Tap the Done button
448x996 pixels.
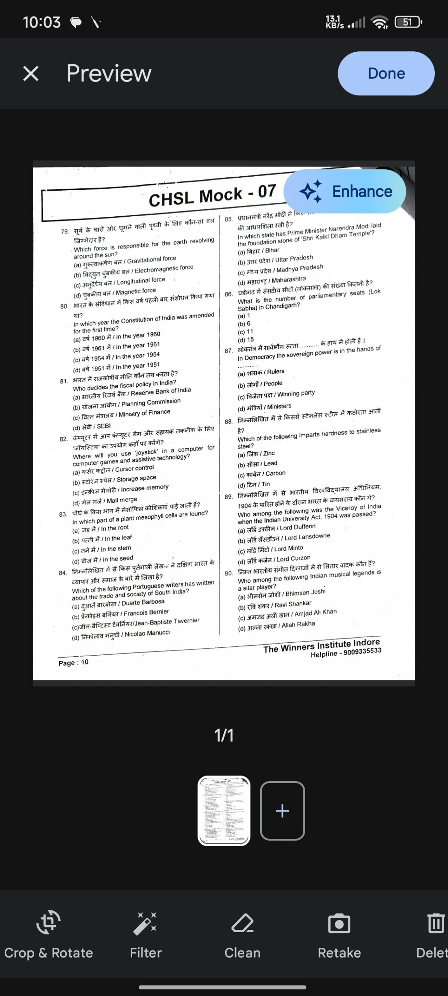(x=386, y=74)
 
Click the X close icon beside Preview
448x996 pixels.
(x=31, y=74)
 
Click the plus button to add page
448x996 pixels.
(x=282, y=811)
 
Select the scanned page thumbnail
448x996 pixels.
(x=224, y=811)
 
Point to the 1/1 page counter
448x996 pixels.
(x=224, y=735)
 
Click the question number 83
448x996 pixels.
(x=63, y=514)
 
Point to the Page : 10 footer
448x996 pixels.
(x=73, y=662)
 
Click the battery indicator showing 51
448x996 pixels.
(x=407, y=22)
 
